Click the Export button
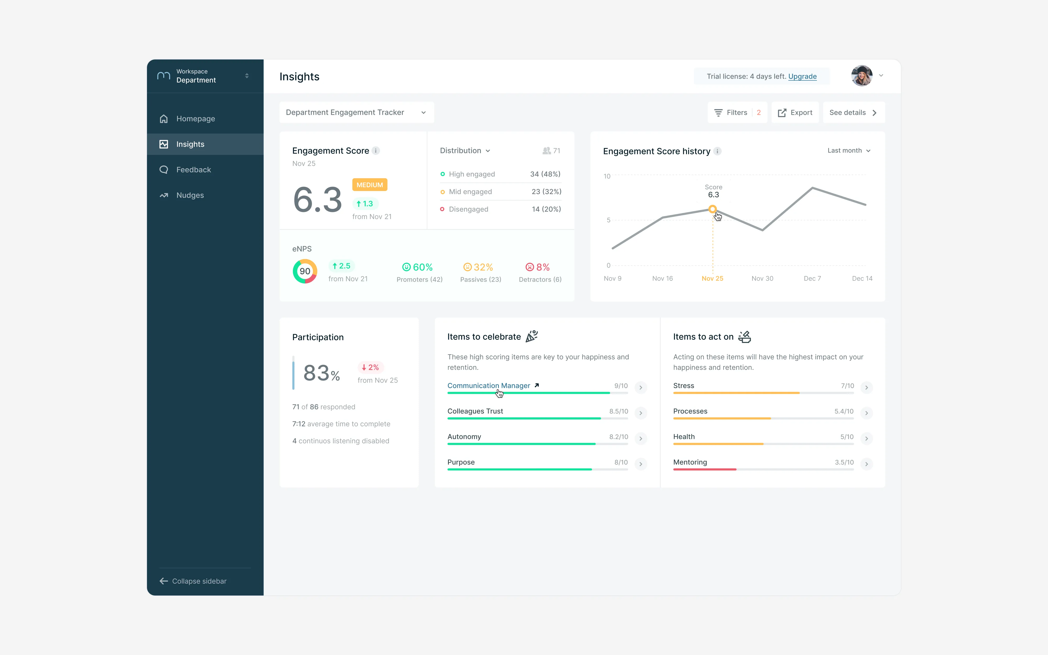coord(795,113)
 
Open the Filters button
coord(737,113)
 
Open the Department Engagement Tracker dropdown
coord(356,113)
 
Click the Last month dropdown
coord(849,151)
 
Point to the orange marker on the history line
coord(712,209)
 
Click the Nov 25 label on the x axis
coord(712,279)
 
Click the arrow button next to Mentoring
coord(866,464)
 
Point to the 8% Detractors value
coord(537,267)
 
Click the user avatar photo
coord(862,76)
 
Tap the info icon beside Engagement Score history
coord(718,151)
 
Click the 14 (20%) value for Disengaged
coord(547,209)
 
